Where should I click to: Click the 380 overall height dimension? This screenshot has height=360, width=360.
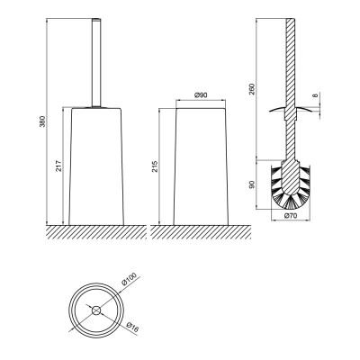pyautogui.click(x=43, y=121)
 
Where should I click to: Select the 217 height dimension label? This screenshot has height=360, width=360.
pyautogui.click(x=58, y=166)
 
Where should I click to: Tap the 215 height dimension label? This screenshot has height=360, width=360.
pyautogui.click(x=155, y=166)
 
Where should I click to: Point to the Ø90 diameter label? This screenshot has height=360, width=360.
pyautogui.click(x=201, y=95)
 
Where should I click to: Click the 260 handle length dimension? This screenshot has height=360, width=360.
pyautogui.click(x=252, y=89)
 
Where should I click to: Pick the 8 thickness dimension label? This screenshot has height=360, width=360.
pyautogui.click(x=315, y=95)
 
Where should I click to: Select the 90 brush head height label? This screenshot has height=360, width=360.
pyautogui.click(x=252, y=184)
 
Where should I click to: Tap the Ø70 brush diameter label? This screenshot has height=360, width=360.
pyautogui.click(x=291, y=215)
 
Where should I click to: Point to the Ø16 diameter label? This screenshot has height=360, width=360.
pyautogui.click(x=132, y=328)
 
